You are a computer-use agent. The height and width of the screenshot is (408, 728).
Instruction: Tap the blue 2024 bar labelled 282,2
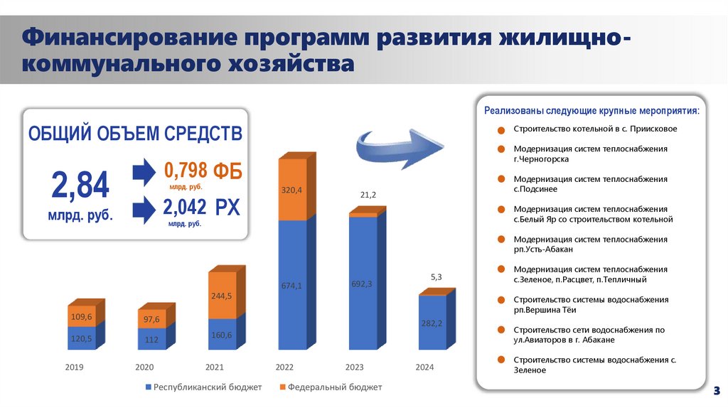pos(432,323)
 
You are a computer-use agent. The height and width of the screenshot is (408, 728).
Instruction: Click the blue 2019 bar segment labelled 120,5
pos(82,338)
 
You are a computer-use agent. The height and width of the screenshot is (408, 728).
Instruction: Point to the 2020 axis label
pos(144,367)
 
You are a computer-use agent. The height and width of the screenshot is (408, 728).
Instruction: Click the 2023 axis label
pos(354,367)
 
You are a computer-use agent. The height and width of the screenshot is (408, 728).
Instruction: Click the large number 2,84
pos(80,186)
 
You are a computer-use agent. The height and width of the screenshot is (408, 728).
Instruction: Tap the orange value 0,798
pos(186,171)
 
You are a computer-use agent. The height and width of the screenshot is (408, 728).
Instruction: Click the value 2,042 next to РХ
pos(185,207)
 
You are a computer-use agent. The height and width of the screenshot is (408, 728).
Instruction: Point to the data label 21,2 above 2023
pos(368,195)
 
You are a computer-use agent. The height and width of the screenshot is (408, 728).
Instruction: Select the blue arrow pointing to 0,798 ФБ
pos(144,172)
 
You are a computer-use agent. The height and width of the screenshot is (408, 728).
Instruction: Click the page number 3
pos(717,390)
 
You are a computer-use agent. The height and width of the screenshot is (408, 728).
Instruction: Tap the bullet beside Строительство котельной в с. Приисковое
pos(501,130)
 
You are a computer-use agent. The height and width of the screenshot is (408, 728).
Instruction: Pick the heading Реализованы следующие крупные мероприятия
pos(591,111)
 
